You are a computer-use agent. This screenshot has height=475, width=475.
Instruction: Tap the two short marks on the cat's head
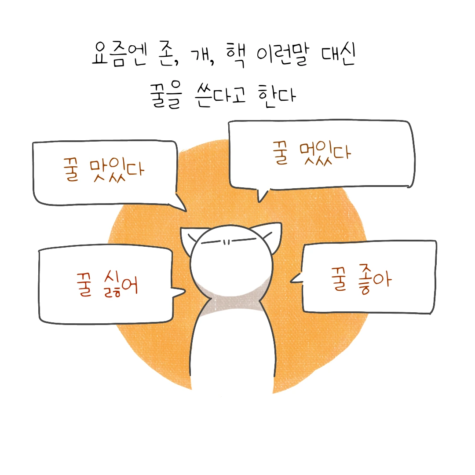[226, 241]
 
